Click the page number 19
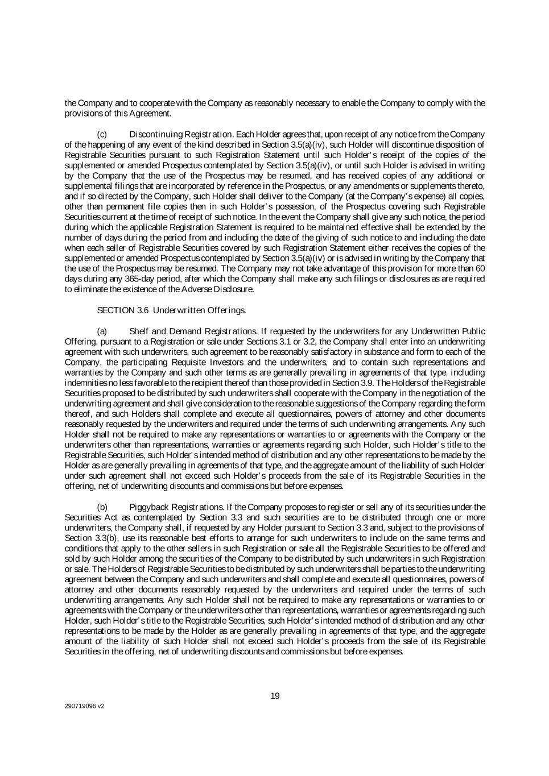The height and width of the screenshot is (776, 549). point(275,696)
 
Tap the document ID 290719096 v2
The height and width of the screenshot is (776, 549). point(84,707)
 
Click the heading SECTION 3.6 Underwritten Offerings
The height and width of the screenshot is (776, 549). point(172,310)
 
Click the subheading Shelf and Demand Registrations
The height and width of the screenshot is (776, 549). point(193,331)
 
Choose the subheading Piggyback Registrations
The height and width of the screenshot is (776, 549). point(176,507)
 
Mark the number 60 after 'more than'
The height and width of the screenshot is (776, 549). point(480,268)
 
